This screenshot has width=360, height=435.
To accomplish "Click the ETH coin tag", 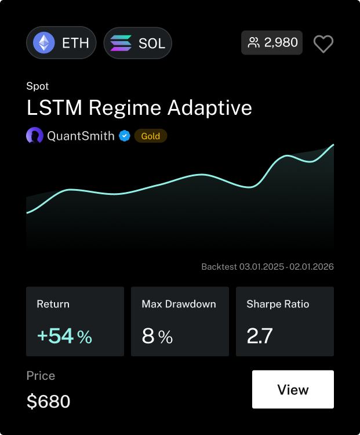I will tap(61, 43).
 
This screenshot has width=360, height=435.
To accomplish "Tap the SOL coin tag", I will tap(138, 43).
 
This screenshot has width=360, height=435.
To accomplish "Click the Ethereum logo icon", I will tap(43, 43).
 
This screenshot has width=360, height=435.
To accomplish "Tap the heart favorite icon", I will tap(323, 43).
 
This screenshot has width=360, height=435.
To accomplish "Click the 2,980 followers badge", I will tap(272, 42).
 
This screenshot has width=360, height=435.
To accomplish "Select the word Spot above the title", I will tap(38, 86).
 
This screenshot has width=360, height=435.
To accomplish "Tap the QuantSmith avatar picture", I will tap(35, 136).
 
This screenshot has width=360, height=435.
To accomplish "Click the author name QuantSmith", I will tap(81, 136).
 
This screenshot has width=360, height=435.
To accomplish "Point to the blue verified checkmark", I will tap(124, 136).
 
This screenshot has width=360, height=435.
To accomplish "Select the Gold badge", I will tap(151, 136).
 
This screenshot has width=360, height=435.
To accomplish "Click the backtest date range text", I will tap(267, 267).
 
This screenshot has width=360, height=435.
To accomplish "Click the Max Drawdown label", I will tap(179, 304).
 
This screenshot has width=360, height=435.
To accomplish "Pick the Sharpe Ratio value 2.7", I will tap(260, 336).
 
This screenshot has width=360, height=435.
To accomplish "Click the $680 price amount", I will tap(49, 401).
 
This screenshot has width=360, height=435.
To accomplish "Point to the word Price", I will tap(41, 376).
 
